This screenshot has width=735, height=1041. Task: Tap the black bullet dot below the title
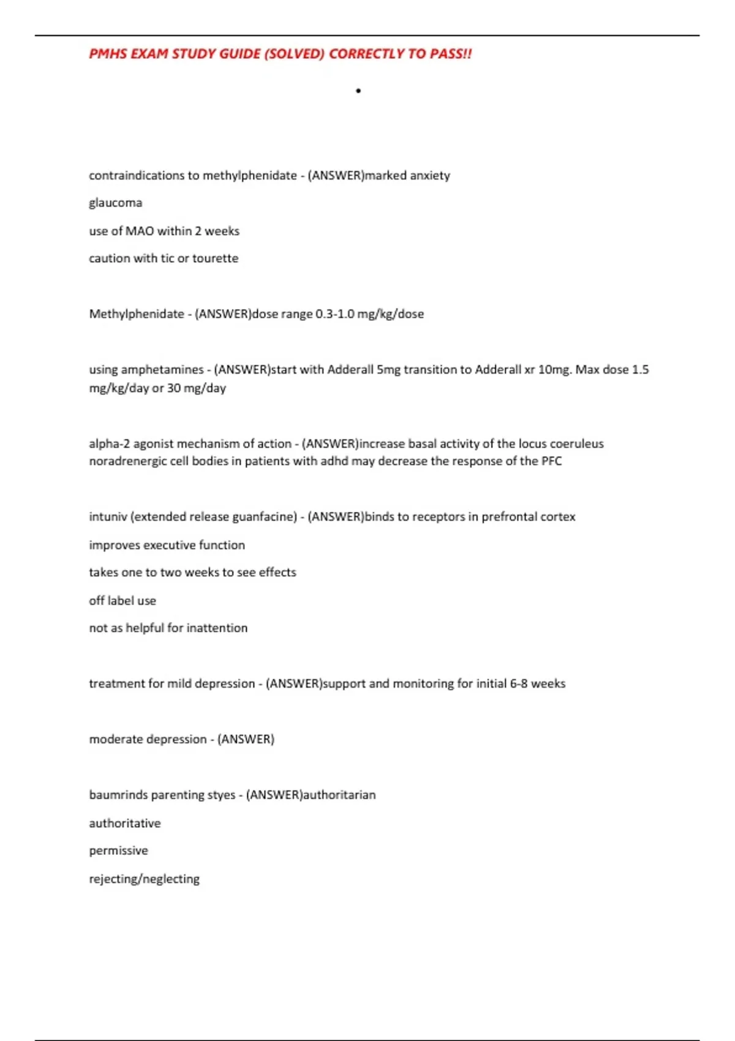pos(358,91)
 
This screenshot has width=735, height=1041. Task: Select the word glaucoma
pos(115,203)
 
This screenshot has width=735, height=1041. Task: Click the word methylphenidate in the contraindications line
pos(250,176)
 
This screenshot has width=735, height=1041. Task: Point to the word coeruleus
pos(576,444)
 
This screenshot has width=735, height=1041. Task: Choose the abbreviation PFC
pos(551,461)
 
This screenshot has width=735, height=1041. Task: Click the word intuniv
pos(107,517)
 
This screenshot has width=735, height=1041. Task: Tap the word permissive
pos(118,851)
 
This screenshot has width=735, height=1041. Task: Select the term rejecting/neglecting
pos(144,879)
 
